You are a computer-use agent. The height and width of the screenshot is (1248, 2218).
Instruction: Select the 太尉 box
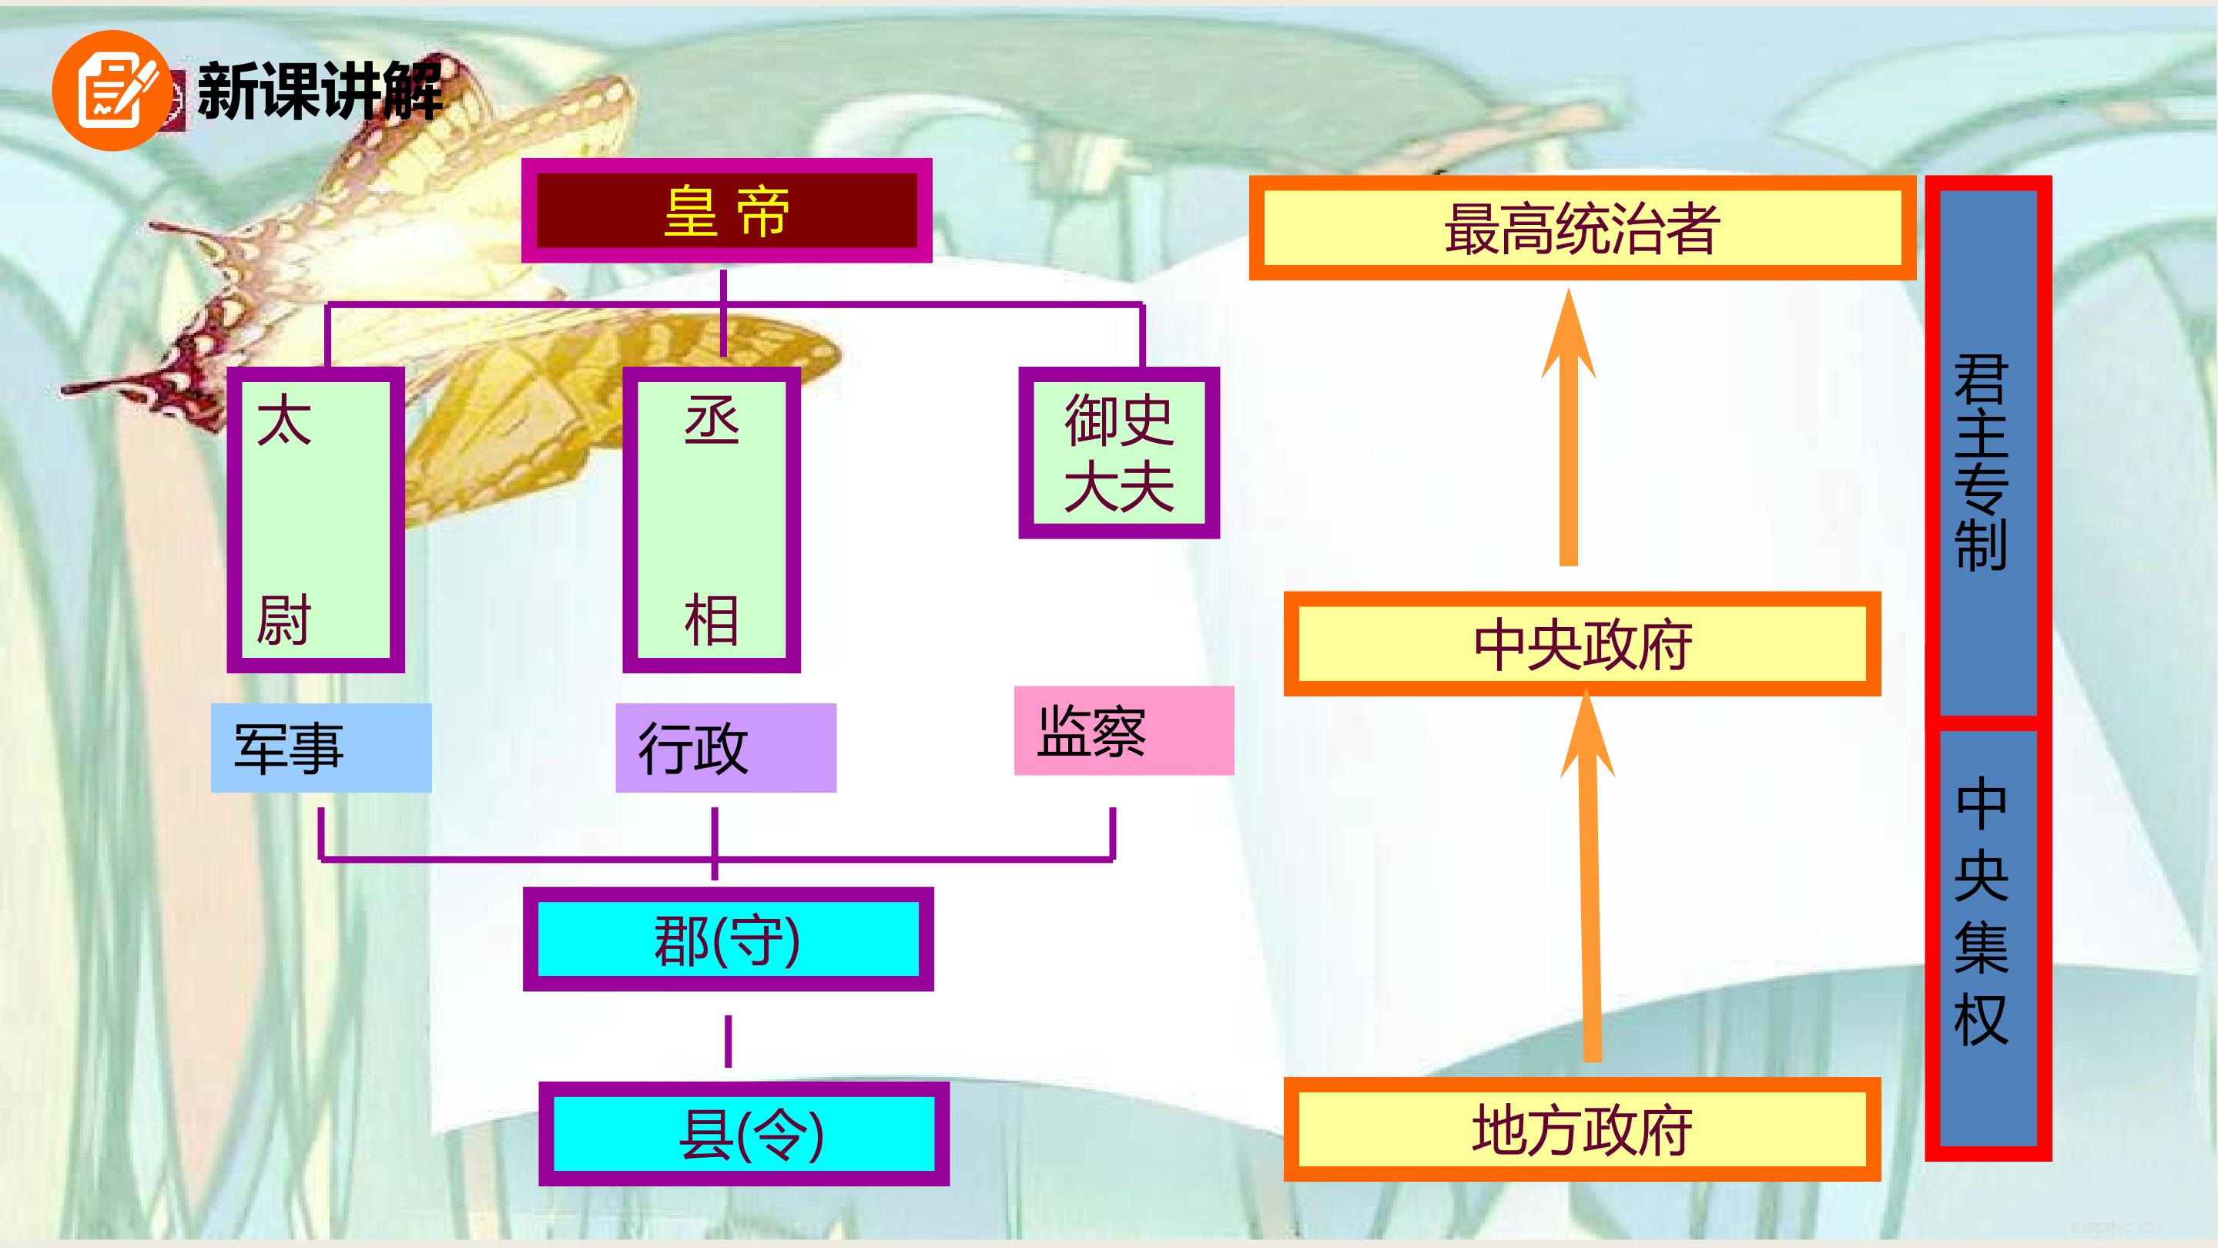(x=316, y=519)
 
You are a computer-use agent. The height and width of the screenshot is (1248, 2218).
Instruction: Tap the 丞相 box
(x=711, y=519)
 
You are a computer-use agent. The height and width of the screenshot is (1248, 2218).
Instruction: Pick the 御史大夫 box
(x=1118, y=453)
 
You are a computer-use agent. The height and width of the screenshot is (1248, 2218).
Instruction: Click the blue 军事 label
(x=321, y=747)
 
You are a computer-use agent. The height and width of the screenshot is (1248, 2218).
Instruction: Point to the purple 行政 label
(x=725, y=747)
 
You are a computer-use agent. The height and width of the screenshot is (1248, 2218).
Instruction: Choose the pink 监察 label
(x=1124, y=730)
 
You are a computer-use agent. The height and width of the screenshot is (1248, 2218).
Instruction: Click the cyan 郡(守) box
(x=729, y=939)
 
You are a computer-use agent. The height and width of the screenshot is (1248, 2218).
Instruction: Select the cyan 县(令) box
(x=744, y=1133)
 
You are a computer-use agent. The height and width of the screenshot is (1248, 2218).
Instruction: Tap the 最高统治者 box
(x=1583, y=228)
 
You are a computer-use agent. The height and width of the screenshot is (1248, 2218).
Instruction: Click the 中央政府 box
(x=1583, y=643)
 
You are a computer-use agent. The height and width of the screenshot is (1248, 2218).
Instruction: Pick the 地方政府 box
(x=1583, y=1129)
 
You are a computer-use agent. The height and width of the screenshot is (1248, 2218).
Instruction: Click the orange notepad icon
(x=111, y=90)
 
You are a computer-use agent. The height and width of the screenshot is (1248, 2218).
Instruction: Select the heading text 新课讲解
(x=320, y=89)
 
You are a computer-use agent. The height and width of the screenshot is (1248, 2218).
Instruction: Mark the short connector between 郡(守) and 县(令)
(x=729, y=1042)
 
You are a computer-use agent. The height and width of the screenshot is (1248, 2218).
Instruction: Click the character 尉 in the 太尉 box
(x=283, y=619)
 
